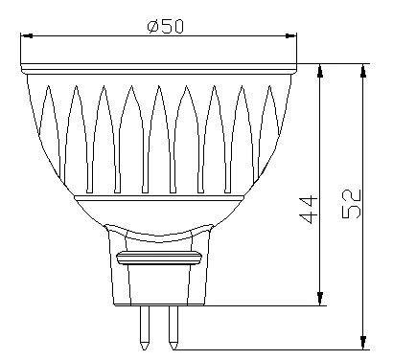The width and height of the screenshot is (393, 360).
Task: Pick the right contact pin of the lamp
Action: tap(173, 326)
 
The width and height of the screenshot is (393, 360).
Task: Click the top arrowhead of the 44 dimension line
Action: tap(320, 72)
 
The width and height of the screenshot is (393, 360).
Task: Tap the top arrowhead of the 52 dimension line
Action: tap(363, 72)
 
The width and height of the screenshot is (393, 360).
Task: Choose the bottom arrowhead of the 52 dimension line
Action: tap(363, 341)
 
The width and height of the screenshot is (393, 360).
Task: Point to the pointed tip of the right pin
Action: tap(173, 345)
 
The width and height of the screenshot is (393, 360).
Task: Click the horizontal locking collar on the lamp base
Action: tap(159, 258)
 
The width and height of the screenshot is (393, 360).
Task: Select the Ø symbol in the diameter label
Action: tap(152, 26)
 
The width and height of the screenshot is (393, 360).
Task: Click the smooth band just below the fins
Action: tap(158, 206)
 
